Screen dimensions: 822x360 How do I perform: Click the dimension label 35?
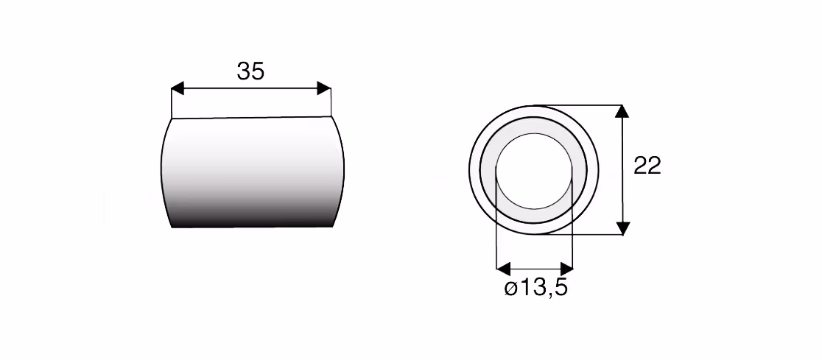pyautogui.click(x=250, y=71)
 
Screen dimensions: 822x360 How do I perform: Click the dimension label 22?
pyautogui.click(x=647, y=166)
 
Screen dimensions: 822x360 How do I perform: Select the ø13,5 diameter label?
pyautogui.click(x=536, y=288)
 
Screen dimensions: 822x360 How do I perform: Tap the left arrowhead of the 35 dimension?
pyautogui.click(x=178, y=88)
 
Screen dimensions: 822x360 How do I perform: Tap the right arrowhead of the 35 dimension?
pyautogui.click(x=324, y=88)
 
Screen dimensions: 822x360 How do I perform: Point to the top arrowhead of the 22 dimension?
pyautogui.click(x=622, y=112)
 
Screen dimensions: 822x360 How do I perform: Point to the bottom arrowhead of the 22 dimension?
pyautogui.click(x=622, y=228)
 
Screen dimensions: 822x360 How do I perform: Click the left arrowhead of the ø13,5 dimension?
pyautogui.click(x=503, y=269)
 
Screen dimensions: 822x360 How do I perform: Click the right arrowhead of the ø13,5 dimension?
pyautogui.click(x=566, y=269)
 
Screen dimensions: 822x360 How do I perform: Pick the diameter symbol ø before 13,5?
pyautogui.click(x=510, y=289)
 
